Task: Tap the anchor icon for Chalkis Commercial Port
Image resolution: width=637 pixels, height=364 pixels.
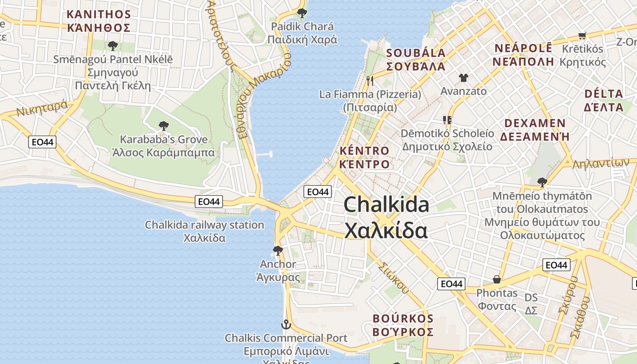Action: click(286, 324)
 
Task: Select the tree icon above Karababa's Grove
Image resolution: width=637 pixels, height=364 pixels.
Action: click(163, 126)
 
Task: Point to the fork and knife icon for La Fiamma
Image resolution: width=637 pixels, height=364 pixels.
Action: click(370, 81)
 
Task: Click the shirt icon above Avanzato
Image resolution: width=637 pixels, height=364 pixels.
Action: click(463, 78)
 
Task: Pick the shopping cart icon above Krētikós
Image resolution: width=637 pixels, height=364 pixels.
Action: click(582, 35)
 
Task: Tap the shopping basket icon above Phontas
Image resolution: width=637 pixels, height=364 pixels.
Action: click(497, 279)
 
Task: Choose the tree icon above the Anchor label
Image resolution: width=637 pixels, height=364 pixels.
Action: click(278, 250)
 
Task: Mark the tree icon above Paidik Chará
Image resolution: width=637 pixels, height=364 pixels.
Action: click(302, 13)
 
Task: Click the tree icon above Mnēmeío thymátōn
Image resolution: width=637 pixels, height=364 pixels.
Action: click(542, 182)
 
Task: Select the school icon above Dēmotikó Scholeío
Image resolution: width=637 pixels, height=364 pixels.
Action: click(447, 120)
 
